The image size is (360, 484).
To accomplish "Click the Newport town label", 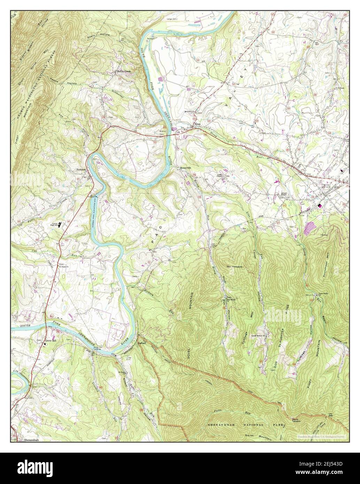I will [x=81, y=170].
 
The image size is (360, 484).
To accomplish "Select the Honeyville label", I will [x=186, y=167].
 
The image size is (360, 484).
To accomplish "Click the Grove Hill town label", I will [x=50, y=341].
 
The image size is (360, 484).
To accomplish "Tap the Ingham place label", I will [x=141, y=343].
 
